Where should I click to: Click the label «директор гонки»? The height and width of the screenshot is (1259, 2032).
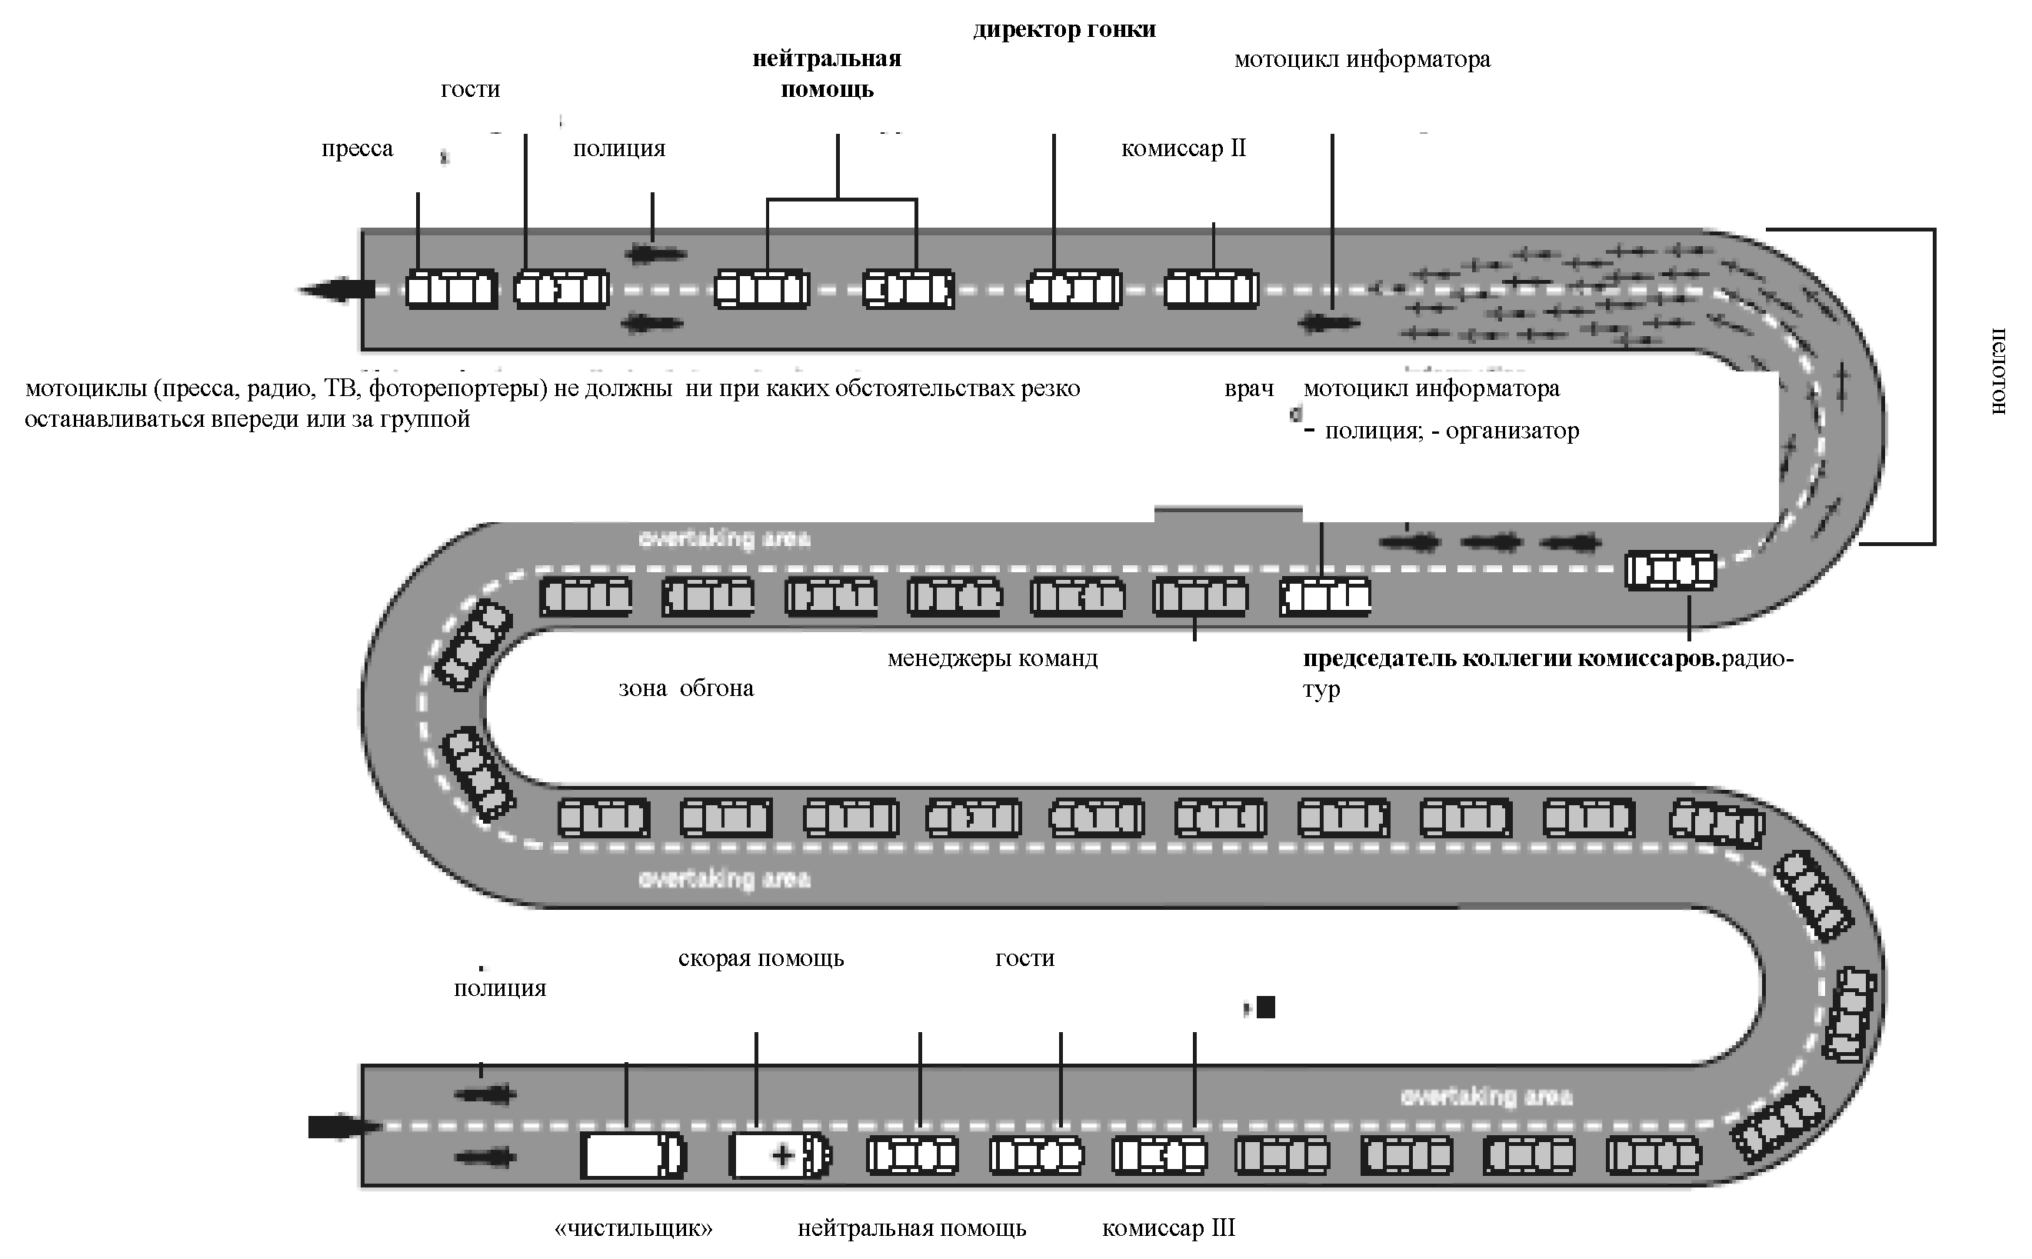click(1064, 30)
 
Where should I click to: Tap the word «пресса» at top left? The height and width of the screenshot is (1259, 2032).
click(357, 149)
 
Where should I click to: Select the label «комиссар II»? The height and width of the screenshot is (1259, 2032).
click(1183, 149)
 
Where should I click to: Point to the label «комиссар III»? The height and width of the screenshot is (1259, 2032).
click(1168, 1228)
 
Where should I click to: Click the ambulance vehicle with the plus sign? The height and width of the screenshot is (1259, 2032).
click(779, 1155)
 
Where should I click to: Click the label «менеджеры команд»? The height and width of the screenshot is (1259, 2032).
click(992, 658)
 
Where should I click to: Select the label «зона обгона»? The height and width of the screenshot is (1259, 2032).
click(686, 688)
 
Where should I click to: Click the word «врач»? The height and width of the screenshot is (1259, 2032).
click(1249, 389)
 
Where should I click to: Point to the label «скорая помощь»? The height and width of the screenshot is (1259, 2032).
click(761, 958)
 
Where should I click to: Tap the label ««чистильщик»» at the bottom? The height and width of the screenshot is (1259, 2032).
click(634, 1228)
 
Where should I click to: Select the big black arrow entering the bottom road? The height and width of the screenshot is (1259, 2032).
click(341, 1127)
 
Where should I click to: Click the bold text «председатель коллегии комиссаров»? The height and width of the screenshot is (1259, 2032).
click(1511, 658)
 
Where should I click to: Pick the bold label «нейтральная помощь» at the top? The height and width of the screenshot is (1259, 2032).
click(827, 74)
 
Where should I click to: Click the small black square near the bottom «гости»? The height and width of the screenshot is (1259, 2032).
click(1265, 1008)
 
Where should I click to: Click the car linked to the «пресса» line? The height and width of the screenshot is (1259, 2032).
click(451, 290)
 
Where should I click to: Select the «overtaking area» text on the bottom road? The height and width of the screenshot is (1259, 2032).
click(1487, 1097)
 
